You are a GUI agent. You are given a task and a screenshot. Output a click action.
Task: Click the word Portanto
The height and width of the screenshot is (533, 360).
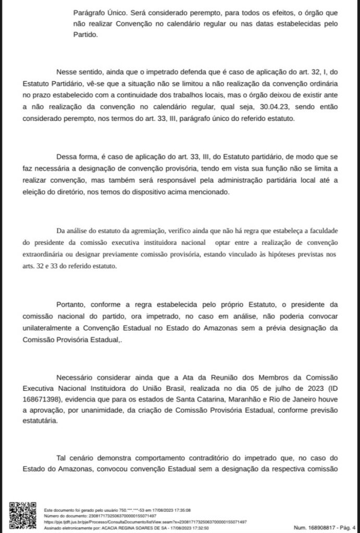click(73, 305)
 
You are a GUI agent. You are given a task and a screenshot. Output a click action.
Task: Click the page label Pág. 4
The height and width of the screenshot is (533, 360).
click(344, 527)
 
